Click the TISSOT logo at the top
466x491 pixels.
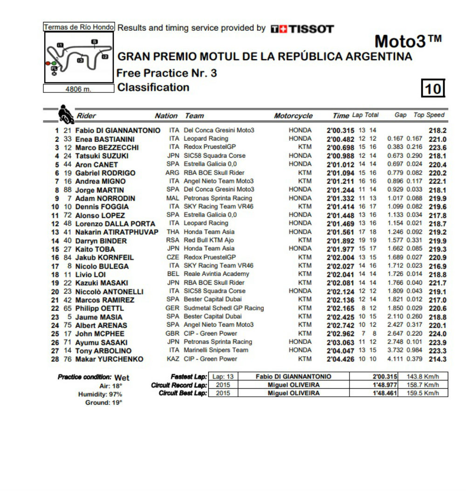(x=302, y=29)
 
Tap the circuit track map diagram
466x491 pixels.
(x=78, y=57)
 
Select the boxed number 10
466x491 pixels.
(x=433, y=88)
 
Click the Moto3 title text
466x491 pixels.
(x=408, y=42)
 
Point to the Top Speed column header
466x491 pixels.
(x=429, y=115)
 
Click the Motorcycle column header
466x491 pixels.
(x=293, y=116)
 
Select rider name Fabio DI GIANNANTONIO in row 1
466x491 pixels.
(x=117, y=131)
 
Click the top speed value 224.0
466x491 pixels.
(x=438, y=334)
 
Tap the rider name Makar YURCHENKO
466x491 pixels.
(x=109, y=359)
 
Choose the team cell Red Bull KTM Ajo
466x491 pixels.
(x=209, y=240)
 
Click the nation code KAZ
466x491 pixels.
(x=172, y=359)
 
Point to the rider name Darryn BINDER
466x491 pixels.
(x=101, y=241)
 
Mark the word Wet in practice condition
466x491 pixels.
(x=122, y=378)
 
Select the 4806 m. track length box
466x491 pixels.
(x=78, y=89)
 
